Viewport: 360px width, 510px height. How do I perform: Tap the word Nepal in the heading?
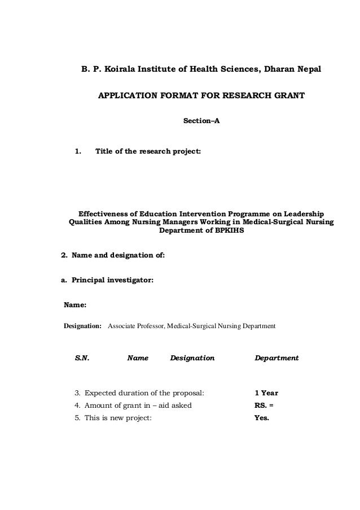(307, 70)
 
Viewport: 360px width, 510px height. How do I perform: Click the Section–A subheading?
(201, 121)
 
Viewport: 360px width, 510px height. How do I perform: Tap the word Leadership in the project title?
(301, 215)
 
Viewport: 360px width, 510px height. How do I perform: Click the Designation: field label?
(82, 326)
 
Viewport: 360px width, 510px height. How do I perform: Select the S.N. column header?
(82, 358)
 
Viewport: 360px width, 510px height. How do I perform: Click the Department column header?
(277, 358)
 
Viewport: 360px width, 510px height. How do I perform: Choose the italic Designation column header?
(192, 358)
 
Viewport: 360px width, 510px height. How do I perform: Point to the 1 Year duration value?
(266, 393)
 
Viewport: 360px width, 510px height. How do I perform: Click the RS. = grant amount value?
(265, 406)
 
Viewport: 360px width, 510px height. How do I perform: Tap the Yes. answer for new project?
(262, 419)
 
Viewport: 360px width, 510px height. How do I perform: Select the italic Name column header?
(138, 358)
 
